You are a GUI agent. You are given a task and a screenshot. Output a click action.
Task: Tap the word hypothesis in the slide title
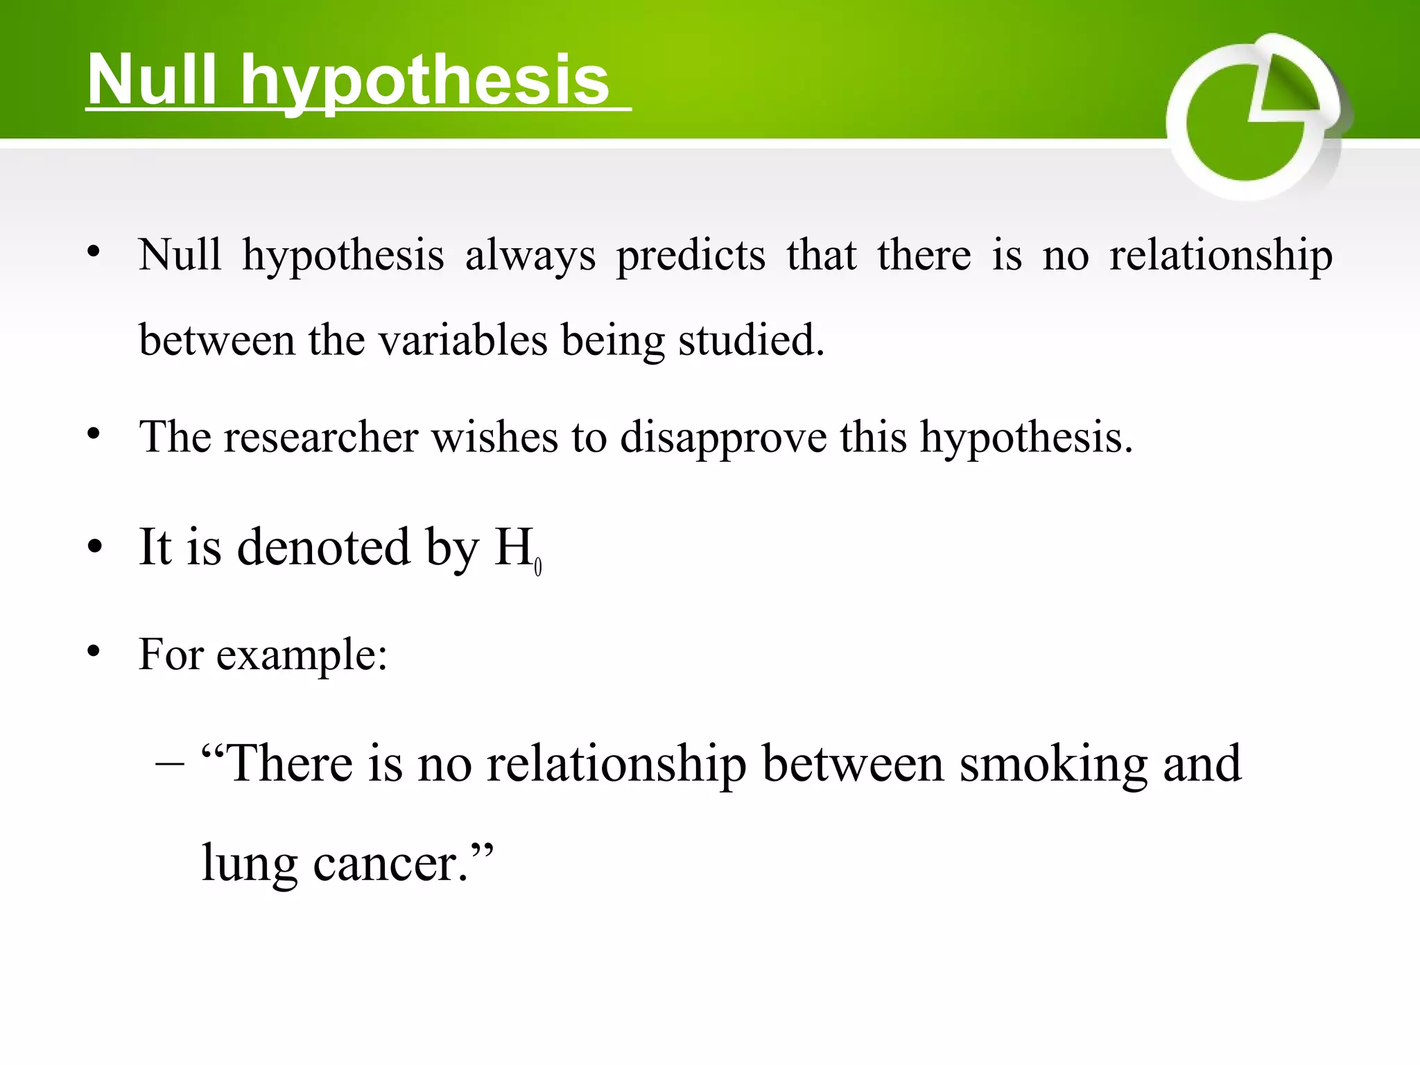424,82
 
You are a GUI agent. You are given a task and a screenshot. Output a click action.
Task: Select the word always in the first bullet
530,256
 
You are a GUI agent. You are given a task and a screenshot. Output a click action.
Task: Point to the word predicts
691,256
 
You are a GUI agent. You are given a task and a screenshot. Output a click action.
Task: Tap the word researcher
320,438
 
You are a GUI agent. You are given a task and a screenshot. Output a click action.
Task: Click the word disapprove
723,439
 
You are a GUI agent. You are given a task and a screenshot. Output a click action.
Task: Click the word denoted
324,547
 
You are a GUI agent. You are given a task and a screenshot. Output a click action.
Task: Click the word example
301,655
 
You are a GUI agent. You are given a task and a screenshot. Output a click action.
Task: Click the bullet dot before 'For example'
94,651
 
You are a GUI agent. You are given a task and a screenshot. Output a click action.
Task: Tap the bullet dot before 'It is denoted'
95,546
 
